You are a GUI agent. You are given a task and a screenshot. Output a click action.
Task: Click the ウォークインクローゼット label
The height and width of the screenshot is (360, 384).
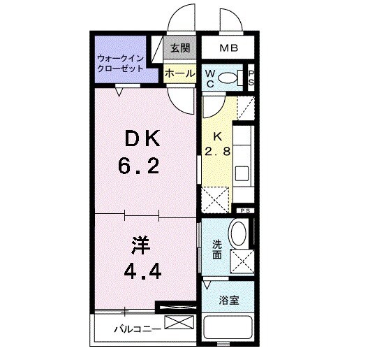click(x=121, y=64)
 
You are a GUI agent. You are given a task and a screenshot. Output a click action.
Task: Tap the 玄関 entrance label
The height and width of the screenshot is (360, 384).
click(x=179, y=48)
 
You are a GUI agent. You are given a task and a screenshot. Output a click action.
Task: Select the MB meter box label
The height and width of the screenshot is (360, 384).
click(x=228, y=48)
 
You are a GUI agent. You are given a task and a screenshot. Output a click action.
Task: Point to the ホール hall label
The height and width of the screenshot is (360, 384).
click(x=179, y=72)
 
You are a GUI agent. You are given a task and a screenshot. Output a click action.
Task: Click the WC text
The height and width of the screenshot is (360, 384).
click(x=210, y=78)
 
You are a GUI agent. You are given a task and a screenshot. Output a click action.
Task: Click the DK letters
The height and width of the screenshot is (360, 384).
click(x=143, y=140)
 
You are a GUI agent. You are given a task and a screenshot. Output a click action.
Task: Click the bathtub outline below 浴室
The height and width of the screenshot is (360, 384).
click(x=230, y=330)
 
